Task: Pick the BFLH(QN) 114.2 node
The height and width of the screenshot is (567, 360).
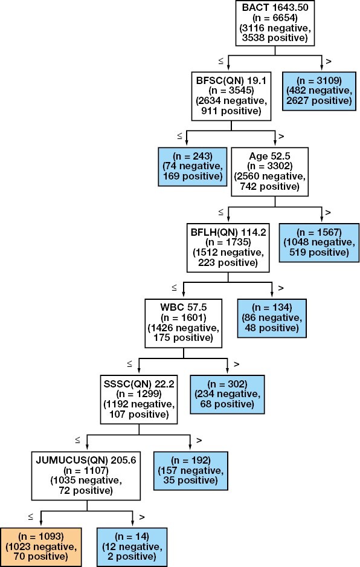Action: pos(228,247)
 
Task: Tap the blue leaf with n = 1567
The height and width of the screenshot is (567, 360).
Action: pos(319,242)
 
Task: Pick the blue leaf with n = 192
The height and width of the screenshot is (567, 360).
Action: pos(190,469)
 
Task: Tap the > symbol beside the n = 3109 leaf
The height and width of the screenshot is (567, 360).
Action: pos(328,62)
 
